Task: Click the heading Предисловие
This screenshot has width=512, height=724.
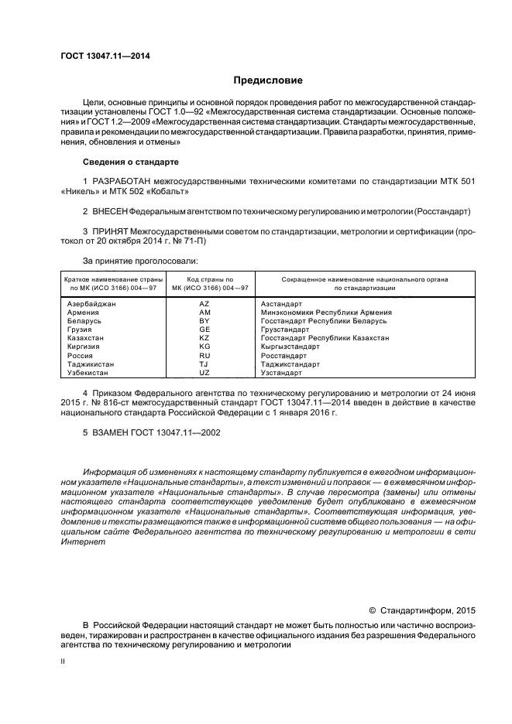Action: (x=268, y=80)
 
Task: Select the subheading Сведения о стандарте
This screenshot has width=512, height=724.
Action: (x=130, y=162)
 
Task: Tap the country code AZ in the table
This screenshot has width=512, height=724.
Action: (x=204, y=304)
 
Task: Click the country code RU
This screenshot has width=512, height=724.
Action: (x=204, y=355)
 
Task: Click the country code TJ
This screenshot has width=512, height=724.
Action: (x=204, y=364)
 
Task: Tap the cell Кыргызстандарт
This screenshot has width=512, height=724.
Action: (x=290, y=347)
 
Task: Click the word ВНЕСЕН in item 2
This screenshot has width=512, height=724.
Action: (x=110, y=210)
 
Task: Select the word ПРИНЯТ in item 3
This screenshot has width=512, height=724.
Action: (x=110, y=231)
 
